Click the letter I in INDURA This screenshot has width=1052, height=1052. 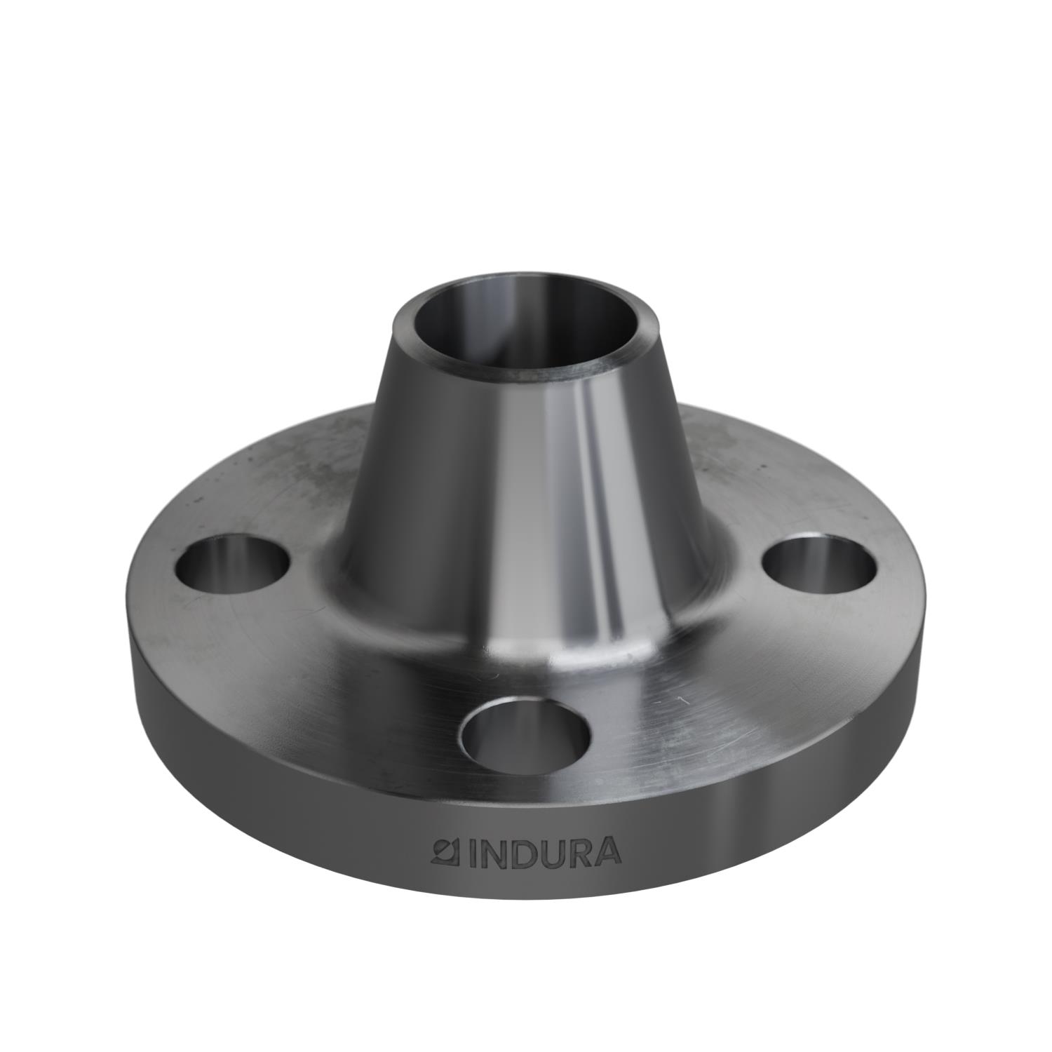(464, 851)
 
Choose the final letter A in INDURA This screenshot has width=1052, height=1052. (606, 851)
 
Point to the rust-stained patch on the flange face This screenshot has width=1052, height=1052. (309, 463)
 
